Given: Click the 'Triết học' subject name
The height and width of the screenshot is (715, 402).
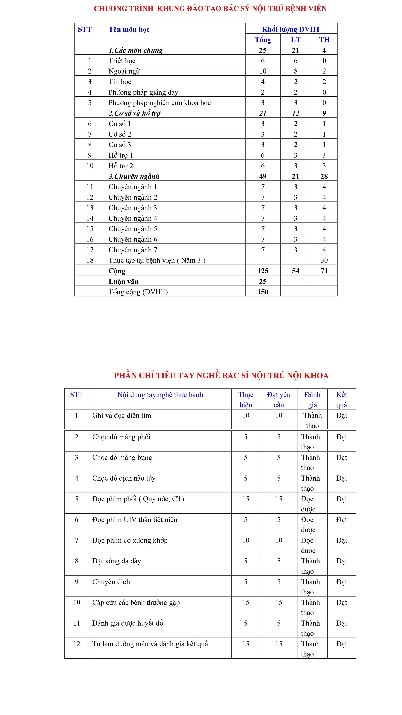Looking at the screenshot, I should point(122,61).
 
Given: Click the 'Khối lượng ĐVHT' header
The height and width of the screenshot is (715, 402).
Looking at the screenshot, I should point(291,29).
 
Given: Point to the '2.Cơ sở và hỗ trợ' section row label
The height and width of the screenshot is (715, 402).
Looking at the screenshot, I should point(134,113).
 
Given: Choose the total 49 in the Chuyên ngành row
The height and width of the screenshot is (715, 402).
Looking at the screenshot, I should point(263,176).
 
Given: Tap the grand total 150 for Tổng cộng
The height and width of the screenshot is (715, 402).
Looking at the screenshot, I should point(263,292).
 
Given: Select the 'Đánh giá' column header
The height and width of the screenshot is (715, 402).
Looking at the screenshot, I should point(312,399).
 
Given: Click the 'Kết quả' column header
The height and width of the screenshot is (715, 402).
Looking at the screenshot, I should point(341,399).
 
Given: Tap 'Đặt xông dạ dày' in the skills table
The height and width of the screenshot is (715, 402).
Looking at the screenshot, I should point(117,561).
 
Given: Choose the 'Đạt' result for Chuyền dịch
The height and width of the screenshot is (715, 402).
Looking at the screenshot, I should point(341,582).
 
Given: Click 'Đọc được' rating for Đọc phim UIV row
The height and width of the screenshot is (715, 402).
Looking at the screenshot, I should point(308,525).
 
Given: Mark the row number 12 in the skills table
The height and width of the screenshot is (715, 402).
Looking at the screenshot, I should point(77,644).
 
